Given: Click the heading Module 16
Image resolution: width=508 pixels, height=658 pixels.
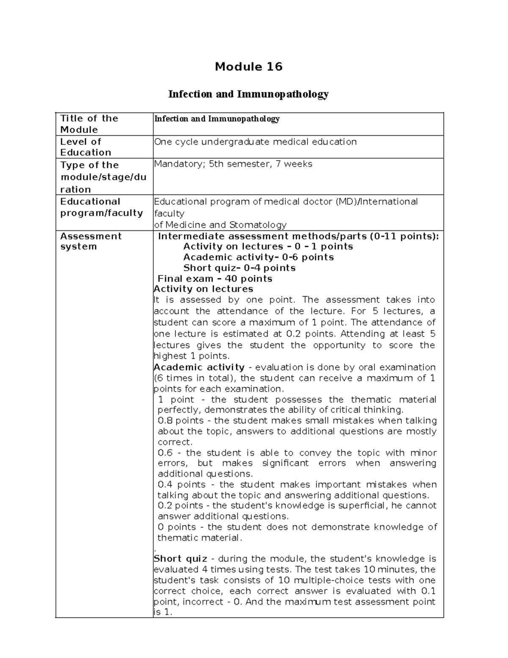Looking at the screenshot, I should coord(248,67).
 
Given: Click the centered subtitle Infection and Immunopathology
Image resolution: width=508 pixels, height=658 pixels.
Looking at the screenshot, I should coord(248,94).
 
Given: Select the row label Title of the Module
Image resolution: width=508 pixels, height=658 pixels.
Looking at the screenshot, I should coord(89,124).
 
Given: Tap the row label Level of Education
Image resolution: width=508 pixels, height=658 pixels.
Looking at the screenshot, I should coord(85,147).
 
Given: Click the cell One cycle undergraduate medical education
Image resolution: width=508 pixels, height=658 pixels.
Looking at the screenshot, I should coord(255,142).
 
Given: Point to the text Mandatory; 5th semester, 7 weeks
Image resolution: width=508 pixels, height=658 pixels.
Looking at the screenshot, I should coord(233,164).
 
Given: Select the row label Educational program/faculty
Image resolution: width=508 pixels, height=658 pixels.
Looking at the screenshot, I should coord(101,207).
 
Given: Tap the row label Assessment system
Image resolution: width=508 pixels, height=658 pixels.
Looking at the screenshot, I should coord(91,241).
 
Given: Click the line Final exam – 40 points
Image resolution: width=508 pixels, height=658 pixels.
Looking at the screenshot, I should coord(215,279).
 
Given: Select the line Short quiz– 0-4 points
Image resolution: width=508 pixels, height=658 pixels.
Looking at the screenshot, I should coord(239,268).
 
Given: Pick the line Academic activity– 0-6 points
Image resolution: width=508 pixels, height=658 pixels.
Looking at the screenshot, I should coord(258,257).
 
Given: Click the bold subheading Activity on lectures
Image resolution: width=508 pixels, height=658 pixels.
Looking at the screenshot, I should coord(203,289).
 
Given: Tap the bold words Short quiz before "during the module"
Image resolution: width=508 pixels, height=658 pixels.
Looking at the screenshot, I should coord(181,559).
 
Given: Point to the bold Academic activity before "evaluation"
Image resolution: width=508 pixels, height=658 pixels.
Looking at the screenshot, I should coord(199,367).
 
